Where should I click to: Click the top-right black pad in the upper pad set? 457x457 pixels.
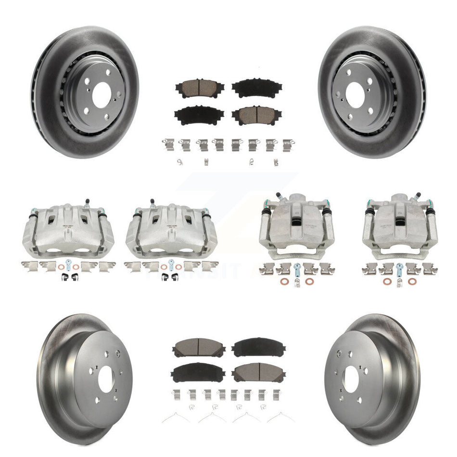[x=250, y=88]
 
